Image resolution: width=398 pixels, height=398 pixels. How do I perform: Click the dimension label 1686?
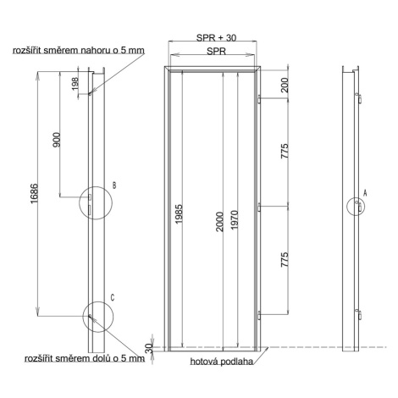pos(34,194)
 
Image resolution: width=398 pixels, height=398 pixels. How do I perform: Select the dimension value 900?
pos(57,140)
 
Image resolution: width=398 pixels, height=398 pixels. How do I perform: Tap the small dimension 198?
pos(75,84)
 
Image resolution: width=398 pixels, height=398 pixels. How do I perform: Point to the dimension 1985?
pos(179,214)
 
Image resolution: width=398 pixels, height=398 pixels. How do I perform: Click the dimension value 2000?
pos(219,222)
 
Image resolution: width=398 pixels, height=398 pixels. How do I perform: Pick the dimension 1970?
pos(235,220)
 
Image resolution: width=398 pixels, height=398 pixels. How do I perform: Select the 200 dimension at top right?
pos(285,85)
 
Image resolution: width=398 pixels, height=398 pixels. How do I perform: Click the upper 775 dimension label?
pos(285,151)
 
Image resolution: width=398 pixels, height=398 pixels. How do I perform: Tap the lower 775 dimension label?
pos(285,260)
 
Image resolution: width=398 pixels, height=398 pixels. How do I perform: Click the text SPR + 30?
pos(216,38)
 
